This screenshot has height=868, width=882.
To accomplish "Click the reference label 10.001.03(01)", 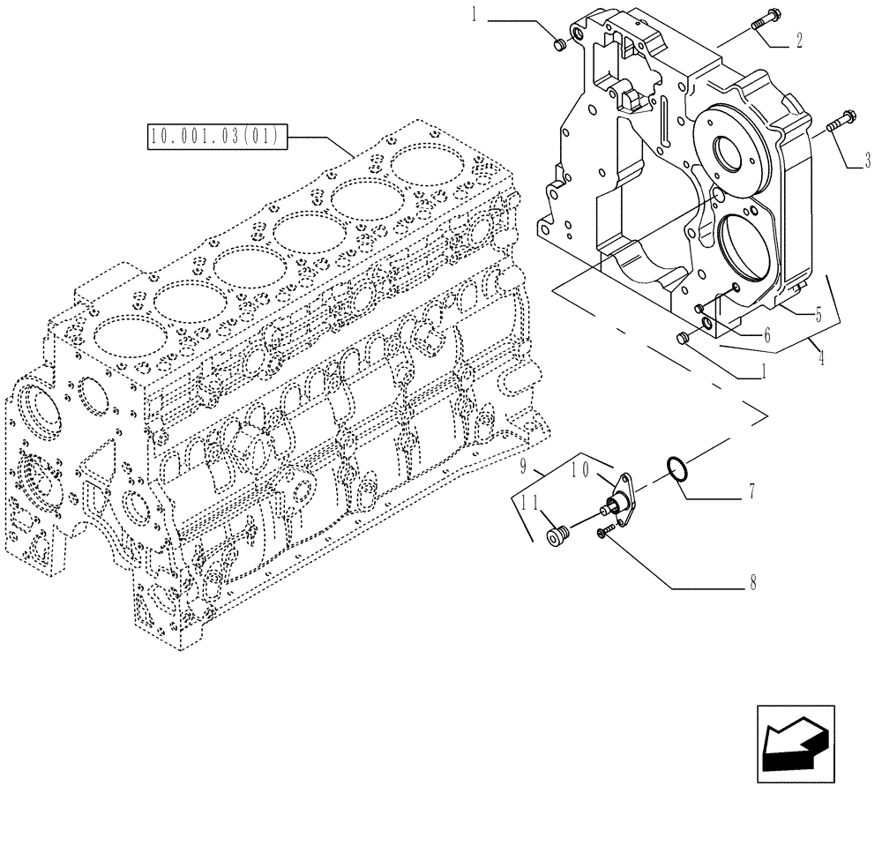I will click(x=214, y=137).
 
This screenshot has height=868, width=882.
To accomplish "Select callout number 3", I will click(x=867, y=161).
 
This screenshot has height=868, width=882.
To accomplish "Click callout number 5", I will click(x=818, y=312).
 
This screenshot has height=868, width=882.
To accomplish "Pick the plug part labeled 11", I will click(x=556, y=534).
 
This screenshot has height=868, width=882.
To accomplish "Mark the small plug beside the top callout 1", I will click(x=557, y=44).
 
